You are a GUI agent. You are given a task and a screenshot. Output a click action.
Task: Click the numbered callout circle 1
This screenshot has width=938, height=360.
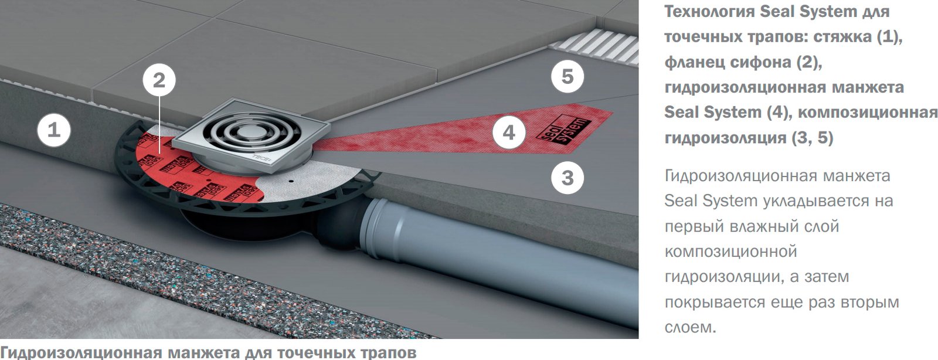[x=54, y=130]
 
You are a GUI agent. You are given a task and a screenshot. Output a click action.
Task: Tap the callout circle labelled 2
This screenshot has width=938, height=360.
[x=159, y=80]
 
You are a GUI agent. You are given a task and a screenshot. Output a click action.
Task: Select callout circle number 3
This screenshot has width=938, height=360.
[x=567, y=178]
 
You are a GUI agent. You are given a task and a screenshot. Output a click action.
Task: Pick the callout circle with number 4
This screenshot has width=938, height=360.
[x=509, y=133]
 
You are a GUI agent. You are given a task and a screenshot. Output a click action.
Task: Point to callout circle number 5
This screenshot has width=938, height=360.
[x=567, y=76]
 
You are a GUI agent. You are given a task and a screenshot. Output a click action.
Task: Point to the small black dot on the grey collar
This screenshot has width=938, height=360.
[x=290, y=181]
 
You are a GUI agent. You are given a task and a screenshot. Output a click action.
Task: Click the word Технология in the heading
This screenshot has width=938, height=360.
[x=709, y=12]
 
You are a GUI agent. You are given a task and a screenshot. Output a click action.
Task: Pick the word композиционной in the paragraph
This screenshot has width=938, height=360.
[x=730, y=252]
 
